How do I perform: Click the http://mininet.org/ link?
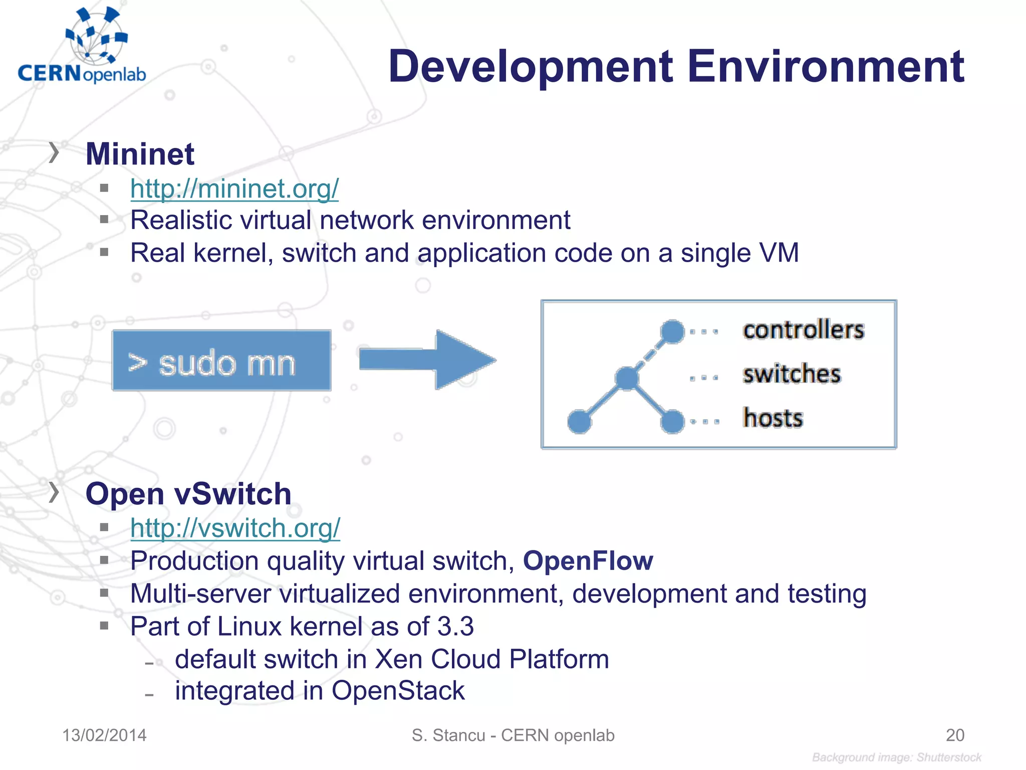pos(234,189)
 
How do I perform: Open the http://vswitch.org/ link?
pos(235,528)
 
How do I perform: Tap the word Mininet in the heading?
pos(140,154)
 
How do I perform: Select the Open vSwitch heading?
pos(188,494)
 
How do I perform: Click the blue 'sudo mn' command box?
pos(221,360)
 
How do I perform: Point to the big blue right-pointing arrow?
pos(427,359)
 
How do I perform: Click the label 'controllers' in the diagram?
pos(803,330)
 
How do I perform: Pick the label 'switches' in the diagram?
pos(792,374)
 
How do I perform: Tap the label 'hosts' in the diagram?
pos(773,418)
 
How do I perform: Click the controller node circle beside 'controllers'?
pos(672,331)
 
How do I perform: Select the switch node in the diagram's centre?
pos(627,378)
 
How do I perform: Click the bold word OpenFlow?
pos(588,560)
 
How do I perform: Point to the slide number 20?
pos(955,735)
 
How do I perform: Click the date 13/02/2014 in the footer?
pos(104,735)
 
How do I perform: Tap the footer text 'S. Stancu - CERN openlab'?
pos(513,735)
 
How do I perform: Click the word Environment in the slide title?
pos(826,67)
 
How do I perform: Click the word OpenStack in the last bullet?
pos(398,691)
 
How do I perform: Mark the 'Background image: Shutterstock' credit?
pos(896,757)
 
